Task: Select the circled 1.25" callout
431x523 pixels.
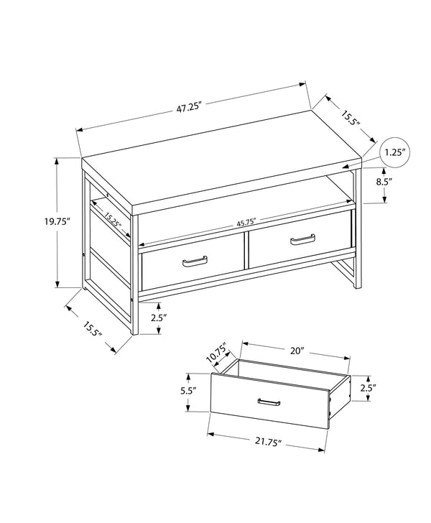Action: pos(394,152)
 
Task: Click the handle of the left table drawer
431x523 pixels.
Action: pos(195,261)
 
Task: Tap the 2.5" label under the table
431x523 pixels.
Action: pos(159,317)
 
